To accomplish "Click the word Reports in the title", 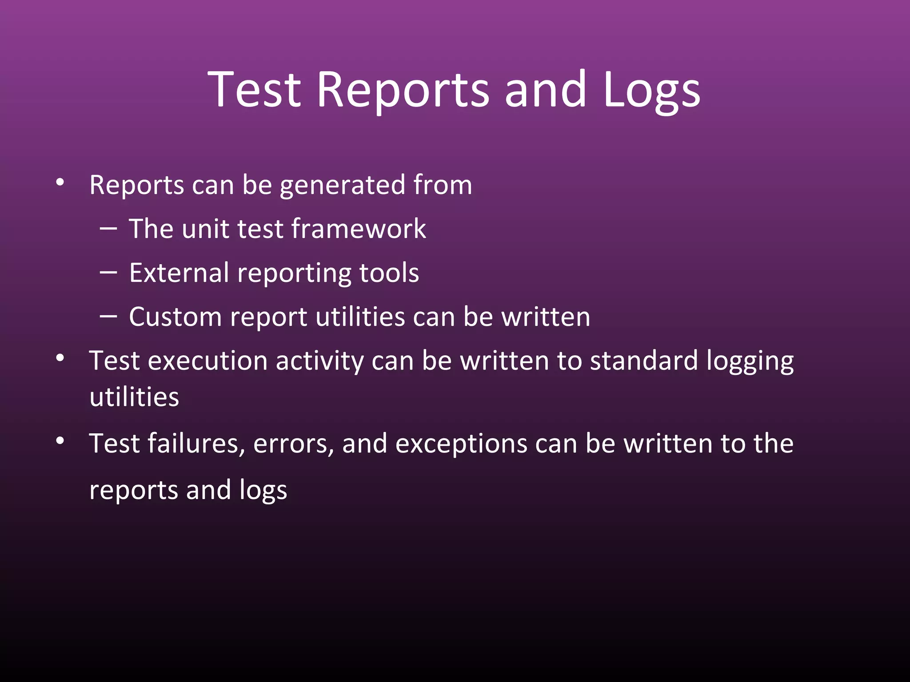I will pos(403,90).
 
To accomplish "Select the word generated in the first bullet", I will pos(342,186).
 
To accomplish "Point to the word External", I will pos(179,273).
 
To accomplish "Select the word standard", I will pos(644,361).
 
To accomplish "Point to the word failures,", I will pos(196,444).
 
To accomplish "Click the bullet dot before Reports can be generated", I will pos(60,182).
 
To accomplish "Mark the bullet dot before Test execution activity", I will pos(60,358).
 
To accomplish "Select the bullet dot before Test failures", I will pos(60,441).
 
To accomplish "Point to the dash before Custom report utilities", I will pos(108,317).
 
